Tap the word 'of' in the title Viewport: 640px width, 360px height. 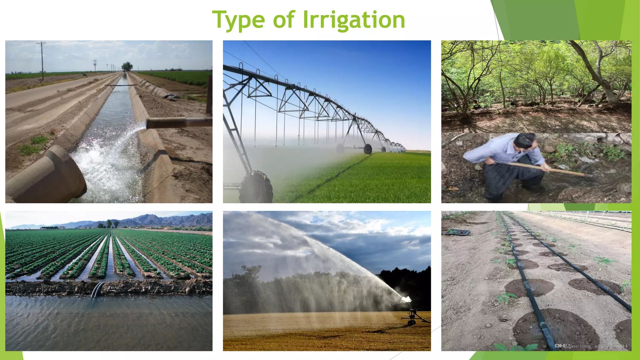pos(283,19)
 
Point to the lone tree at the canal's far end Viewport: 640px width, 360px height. pos(127,66)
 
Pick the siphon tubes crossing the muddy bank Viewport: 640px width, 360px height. pos(97,289)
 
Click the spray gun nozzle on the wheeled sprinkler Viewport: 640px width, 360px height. pos(407,299)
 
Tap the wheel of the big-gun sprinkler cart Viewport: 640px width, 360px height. pos(412,322)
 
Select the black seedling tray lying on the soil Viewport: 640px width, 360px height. pos(457,232)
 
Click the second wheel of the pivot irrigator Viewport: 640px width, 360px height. pos(368,149)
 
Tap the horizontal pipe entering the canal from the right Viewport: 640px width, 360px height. pos(178,122)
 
